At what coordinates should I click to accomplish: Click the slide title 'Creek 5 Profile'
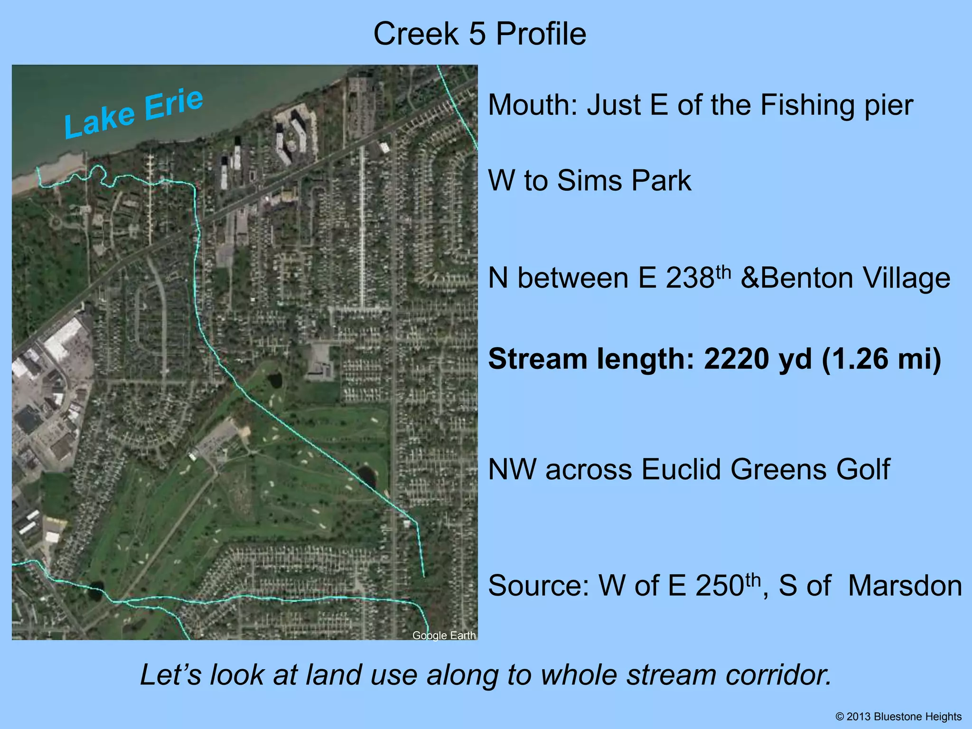[480, 34]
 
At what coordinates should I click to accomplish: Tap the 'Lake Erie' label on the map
[134, 113]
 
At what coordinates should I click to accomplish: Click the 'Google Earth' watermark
[444, 636]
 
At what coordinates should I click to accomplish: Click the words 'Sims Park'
[624, 181]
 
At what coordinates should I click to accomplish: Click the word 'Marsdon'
[905, 586]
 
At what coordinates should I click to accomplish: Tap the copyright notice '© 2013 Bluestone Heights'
[898, 717]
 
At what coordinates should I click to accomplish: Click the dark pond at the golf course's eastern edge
[366, 476]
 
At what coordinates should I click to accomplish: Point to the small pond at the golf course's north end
[275, 380]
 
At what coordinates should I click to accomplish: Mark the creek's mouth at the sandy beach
[38, 170]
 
